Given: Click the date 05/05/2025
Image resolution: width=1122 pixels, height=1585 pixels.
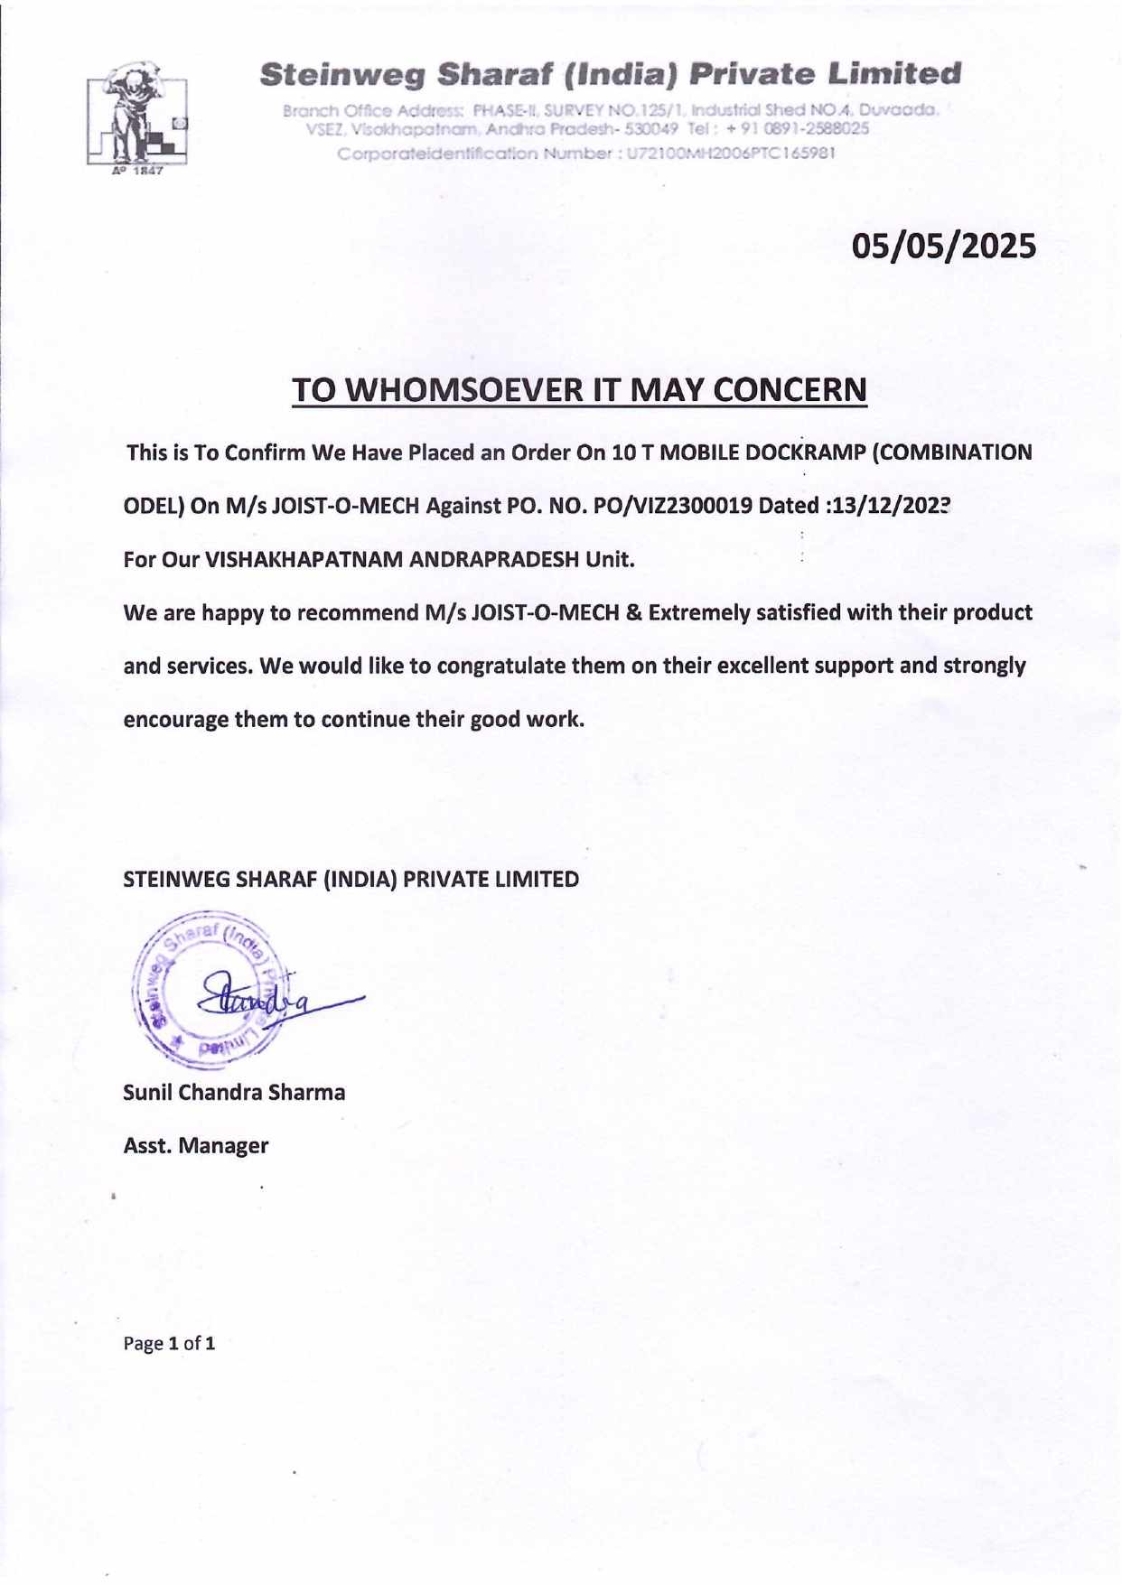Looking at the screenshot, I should [x=945, y=246].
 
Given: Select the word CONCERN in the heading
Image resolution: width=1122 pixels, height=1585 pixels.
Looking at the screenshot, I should [x=790, y=390].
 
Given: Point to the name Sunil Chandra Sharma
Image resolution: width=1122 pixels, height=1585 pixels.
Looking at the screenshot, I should [x=234, y=1093].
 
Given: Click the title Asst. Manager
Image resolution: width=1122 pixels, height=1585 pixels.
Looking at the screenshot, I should [x=195, y=1146].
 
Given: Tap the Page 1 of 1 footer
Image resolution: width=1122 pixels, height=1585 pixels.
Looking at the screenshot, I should [x=169, y=1344].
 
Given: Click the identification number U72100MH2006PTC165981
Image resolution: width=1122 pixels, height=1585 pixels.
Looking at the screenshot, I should [x=731, y=154].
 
